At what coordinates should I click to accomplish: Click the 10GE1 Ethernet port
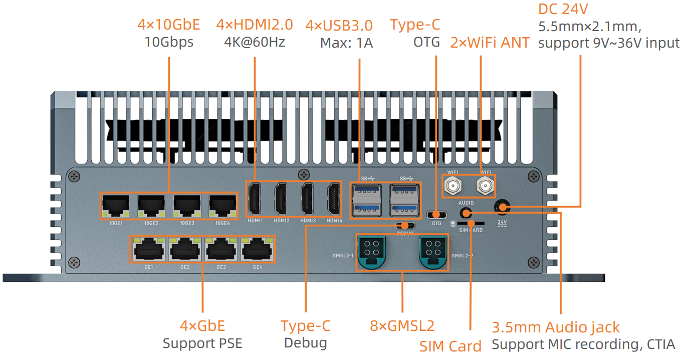click(x=116, y=206)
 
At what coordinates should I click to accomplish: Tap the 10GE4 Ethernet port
click(x=223, y=206)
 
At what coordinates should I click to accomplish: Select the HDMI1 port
click(x=255, y=199)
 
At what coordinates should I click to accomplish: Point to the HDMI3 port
click(x=308, y=199)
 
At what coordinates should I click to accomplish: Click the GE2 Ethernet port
click(x=184, y=249)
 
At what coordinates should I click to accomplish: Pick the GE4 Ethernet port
click(x=257, y=249)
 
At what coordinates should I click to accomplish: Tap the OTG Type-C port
click(x=436, y=215)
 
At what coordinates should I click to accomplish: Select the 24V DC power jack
click(x=502, y=207)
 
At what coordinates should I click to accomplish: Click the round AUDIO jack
click(x=466, y=213)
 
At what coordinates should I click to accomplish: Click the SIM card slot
click(x=471, y=223)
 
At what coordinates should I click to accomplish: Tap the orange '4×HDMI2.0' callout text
click(x=255, y=25)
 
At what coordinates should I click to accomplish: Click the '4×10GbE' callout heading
click(x=169, y=25)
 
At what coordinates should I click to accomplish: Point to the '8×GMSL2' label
click(x=402, y=326)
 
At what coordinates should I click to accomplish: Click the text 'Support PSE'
click(x=202, y=343)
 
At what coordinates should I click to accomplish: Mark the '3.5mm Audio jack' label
click(x=556, y=327)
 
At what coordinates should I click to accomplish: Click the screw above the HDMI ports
click(x=302, y=174)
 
